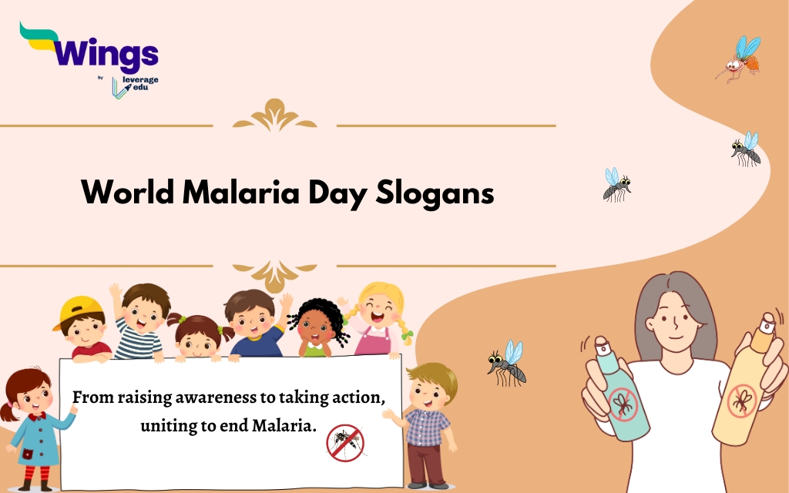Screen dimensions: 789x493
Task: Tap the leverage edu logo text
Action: [140, 83]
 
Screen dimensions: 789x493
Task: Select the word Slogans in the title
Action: [435, 193]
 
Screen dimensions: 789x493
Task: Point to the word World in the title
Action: [128, 192]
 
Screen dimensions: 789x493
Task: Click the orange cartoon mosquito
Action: [738, 59]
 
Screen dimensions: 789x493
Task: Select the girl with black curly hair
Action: [317, 327]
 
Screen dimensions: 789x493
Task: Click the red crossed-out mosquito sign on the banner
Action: [345, 443]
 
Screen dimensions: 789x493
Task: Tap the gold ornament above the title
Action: [275, 116]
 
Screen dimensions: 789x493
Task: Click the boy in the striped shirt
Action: [140, 322]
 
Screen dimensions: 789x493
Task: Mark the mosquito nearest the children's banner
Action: [507, 364]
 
